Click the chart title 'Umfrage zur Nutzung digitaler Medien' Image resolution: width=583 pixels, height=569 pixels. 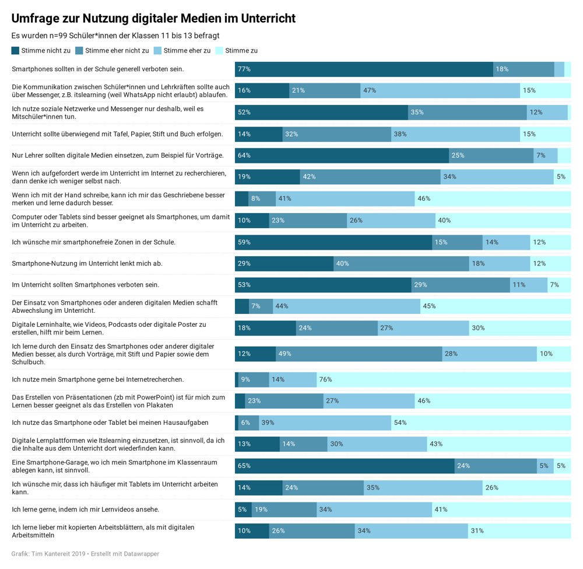click(153, 19)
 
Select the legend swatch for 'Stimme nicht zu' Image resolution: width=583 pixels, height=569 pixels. click(16, 51)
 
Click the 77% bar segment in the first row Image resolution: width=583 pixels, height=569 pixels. click(364, 69)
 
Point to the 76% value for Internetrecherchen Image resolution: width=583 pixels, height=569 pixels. click(444, 379)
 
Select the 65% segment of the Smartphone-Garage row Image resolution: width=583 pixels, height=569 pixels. click(345, 466)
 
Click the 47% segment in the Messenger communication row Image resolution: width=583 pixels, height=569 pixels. click(440, 90)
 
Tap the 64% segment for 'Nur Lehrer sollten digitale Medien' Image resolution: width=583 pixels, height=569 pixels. click(342, 155)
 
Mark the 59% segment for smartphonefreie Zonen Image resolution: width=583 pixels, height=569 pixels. click(333, 242)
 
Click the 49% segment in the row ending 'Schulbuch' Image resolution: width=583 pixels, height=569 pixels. click(359, 354)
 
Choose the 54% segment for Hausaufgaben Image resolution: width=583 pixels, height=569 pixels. click(480, 423)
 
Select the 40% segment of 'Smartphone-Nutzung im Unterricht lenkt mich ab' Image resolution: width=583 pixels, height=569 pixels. click(401, 263)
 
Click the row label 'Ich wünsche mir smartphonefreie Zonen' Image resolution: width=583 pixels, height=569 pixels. click(93, 242)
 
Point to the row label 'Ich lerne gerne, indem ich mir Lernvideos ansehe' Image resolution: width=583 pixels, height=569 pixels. click(93, 509)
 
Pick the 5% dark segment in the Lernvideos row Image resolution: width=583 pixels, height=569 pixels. click(243, 509)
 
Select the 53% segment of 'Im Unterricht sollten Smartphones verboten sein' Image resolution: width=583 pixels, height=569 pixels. click(323, 285)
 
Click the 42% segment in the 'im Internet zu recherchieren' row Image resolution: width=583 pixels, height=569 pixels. click(370, 177)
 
